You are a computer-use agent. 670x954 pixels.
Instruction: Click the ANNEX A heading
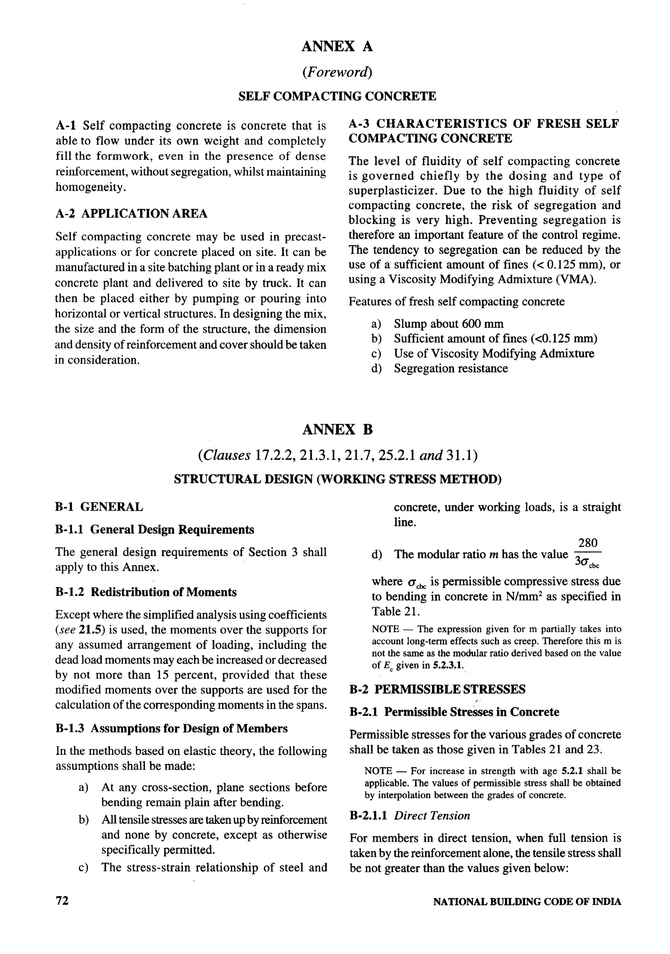pyautogui.click(x=337, y=46)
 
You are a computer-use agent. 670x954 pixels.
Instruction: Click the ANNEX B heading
pyautogui.click(x=337, y=429)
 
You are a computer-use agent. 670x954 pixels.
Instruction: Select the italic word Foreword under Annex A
pyautogui.click(x=337, y=72)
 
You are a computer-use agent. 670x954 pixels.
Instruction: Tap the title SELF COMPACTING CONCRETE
pyautogui.click(x=337, y=97)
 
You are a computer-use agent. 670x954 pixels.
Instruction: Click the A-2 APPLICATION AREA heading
pyautogui.click(x=131, y=214)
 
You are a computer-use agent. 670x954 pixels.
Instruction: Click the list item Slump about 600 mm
pyautogui.click(x=449, y=324)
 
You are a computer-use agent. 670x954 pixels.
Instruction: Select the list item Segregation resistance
pyautogui.click(x=451, y=369)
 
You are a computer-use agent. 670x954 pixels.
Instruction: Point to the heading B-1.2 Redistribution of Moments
pyautogui.click(x=146, y=592)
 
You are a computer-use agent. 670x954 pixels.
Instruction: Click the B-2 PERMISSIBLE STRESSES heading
pyautogui.click(x=437, y=689)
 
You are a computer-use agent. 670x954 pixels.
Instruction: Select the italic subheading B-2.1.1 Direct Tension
pyautogui.click(x=410, y=816)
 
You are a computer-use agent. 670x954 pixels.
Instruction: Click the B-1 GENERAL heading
pyautogui.click(x=99, y=507)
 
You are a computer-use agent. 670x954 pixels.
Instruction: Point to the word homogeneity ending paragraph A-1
pyautogui.click(x=90, y=187)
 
